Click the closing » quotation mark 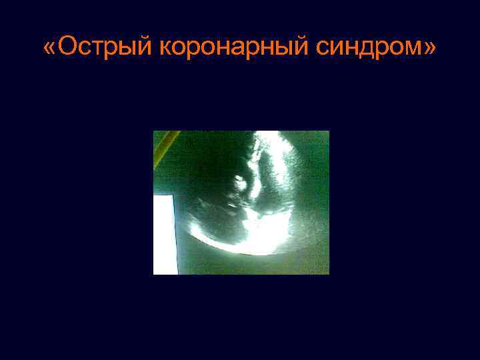(x=431, y=49)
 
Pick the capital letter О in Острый (x=67, y=48)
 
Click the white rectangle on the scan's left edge (x=165, y=235)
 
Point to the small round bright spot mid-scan (x=237, y=180)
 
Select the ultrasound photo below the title (x=241, y=203)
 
